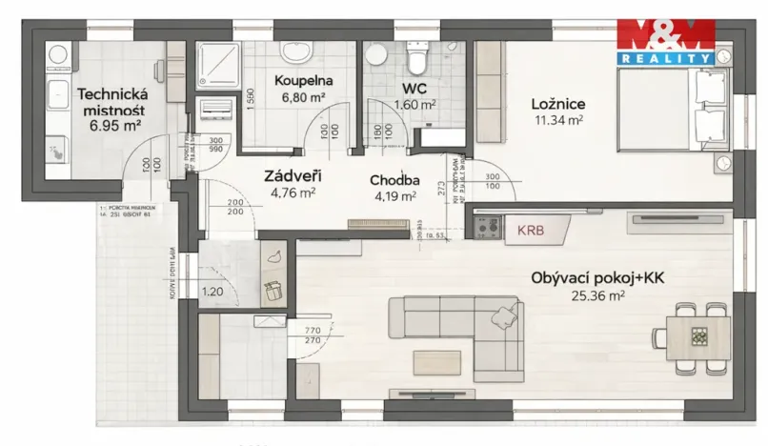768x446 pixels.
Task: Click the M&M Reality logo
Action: pos(666,42)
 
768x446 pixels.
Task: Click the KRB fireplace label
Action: pos(530,230)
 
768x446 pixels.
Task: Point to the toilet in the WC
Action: pos(416,60)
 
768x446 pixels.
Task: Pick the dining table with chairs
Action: pos(697,336)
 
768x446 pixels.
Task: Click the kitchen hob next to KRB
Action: pos(488,228)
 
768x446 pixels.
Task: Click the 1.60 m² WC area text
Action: pos(415,105)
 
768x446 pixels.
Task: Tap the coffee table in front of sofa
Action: pos(438,361)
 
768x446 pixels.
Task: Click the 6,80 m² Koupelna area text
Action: pos(301,96)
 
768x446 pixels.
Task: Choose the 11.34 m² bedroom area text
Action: pos(558,120)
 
